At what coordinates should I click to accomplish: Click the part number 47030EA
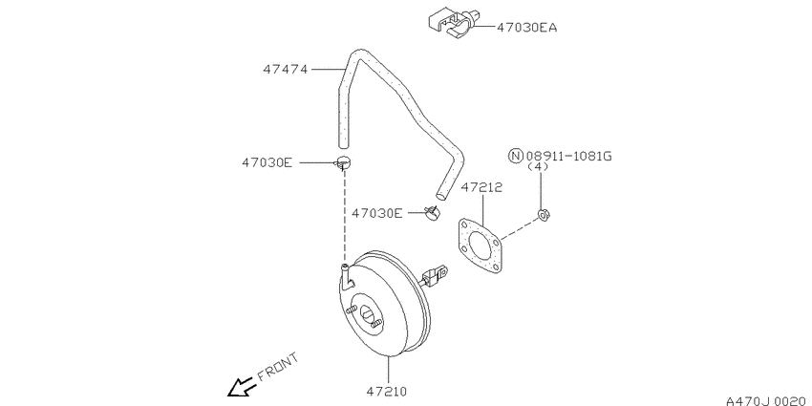coord(526,28)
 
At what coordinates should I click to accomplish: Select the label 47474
coord(285,69)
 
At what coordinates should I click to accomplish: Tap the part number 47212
coord(481,187)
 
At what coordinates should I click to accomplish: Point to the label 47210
coord(387,392)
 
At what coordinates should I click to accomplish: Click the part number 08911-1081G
coord(568,156)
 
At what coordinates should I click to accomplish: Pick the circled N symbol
coord(516,156)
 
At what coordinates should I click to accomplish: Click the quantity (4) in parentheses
coord(538,167)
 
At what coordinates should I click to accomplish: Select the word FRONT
coord(278,366)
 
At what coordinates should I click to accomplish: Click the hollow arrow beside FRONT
coord(242,386)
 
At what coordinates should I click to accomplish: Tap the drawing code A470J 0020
coord(768,401)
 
